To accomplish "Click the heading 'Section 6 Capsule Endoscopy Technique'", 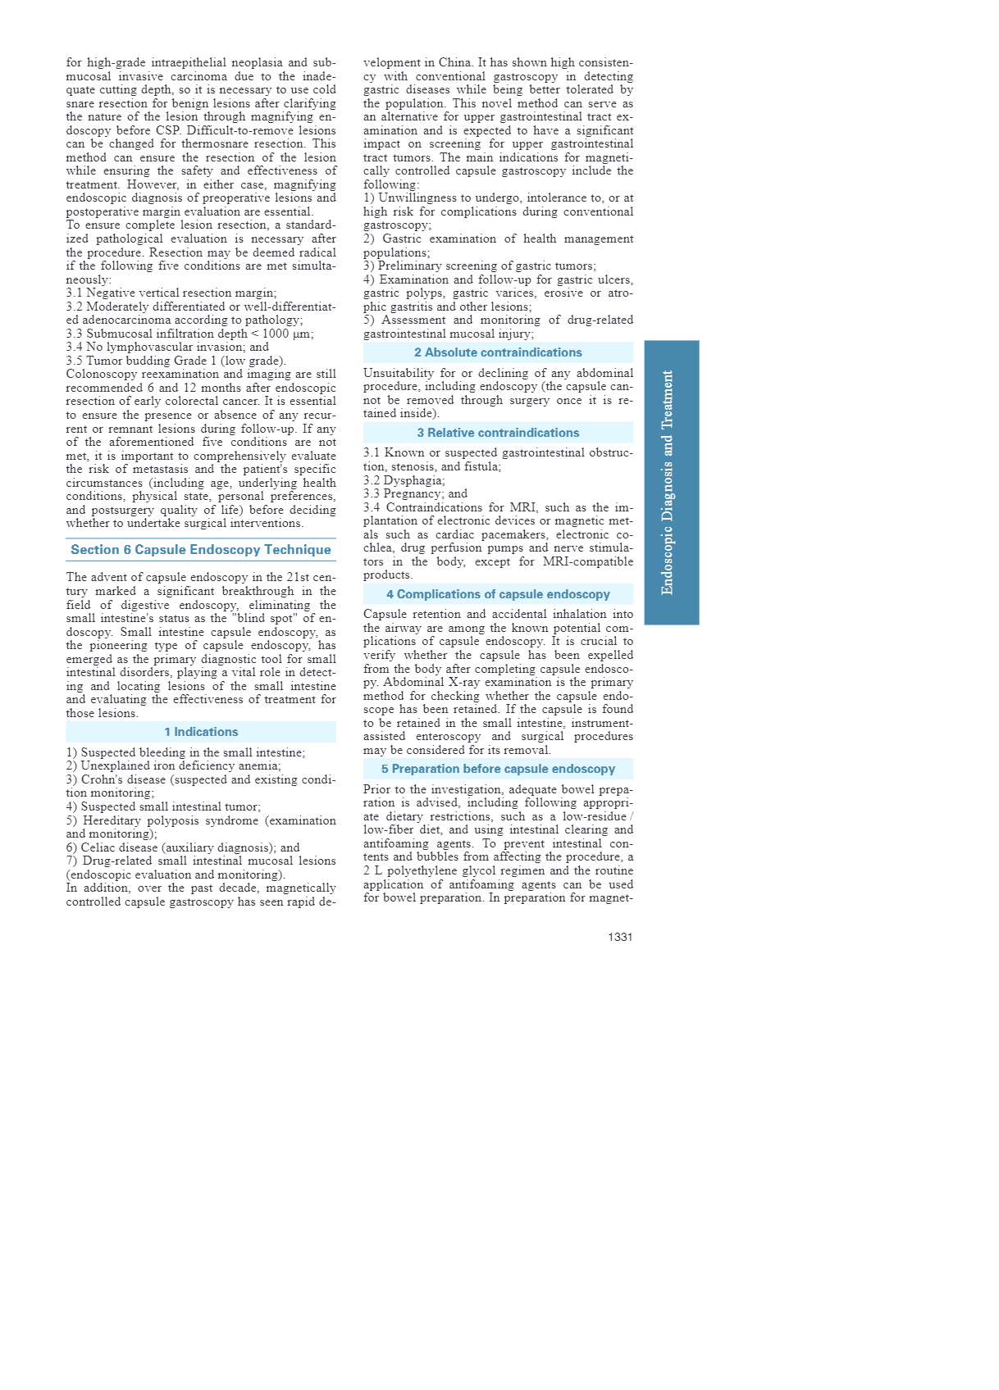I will tap(201, 550).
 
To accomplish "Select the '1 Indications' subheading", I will tap(201, 732).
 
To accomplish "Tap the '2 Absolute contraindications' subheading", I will tap(498, 352).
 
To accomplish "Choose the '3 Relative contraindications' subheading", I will tap(498, 433).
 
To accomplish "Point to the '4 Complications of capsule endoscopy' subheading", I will tap(498, 594).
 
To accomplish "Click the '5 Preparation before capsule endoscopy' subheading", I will tap(498, 769).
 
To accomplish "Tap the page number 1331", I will tap(620, 937).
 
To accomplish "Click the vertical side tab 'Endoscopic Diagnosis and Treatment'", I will tap(671, 482).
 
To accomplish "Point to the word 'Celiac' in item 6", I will tap(99, 847).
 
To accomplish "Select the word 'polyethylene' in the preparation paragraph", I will tap(443, 870).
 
